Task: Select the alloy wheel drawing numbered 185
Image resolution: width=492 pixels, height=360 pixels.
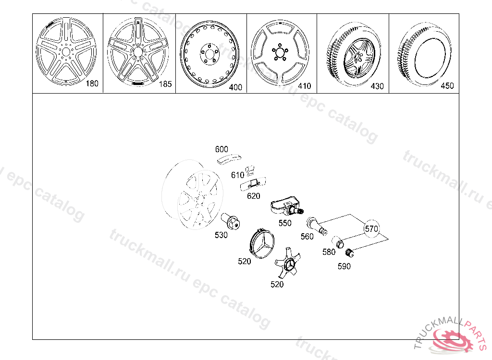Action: coord(137,51)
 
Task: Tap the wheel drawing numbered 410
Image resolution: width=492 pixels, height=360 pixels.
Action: coord(279,52)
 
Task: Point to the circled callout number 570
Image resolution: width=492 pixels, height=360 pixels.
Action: coord(371,229)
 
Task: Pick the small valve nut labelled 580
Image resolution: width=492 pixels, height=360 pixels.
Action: coord(340,242)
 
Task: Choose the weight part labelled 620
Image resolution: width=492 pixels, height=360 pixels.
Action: coord(254,183)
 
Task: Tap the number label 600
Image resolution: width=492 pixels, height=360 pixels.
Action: coord(221,149)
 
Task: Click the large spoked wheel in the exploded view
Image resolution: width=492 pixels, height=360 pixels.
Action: coord(195,197)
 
